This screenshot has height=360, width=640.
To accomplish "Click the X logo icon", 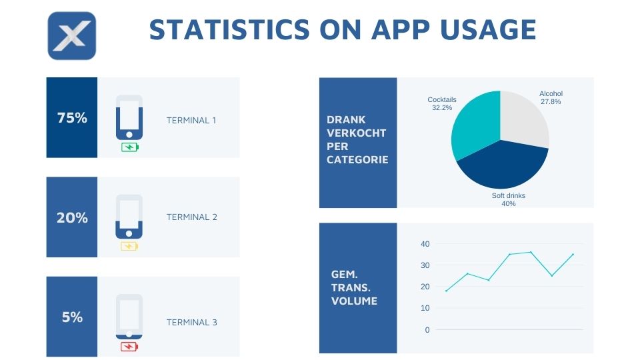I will point(72,35).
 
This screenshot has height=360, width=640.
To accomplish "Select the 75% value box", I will point(72,118).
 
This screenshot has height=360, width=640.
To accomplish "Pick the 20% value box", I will point(72,217).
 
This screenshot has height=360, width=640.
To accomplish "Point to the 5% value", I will point(72,317).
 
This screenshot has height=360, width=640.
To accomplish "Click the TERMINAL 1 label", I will point(191,121).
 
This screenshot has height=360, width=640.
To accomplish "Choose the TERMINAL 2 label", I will point(191,217).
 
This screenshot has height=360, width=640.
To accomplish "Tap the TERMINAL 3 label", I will point(191,323).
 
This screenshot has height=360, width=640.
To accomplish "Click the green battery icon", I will point(130,147).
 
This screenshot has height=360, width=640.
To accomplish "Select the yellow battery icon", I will point(129,246).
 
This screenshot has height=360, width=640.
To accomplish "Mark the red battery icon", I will point(129,346).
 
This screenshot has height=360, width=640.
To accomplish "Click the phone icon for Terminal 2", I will point(129,216).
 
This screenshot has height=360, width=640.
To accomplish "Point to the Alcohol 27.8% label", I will point(551,97).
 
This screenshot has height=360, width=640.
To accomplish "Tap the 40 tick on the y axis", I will point(425,244).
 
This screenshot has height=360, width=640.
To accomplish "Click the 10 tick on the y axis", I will point(425,308).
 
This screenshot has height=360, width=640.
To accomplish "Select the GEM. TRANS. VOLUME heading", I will point(354,287).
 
